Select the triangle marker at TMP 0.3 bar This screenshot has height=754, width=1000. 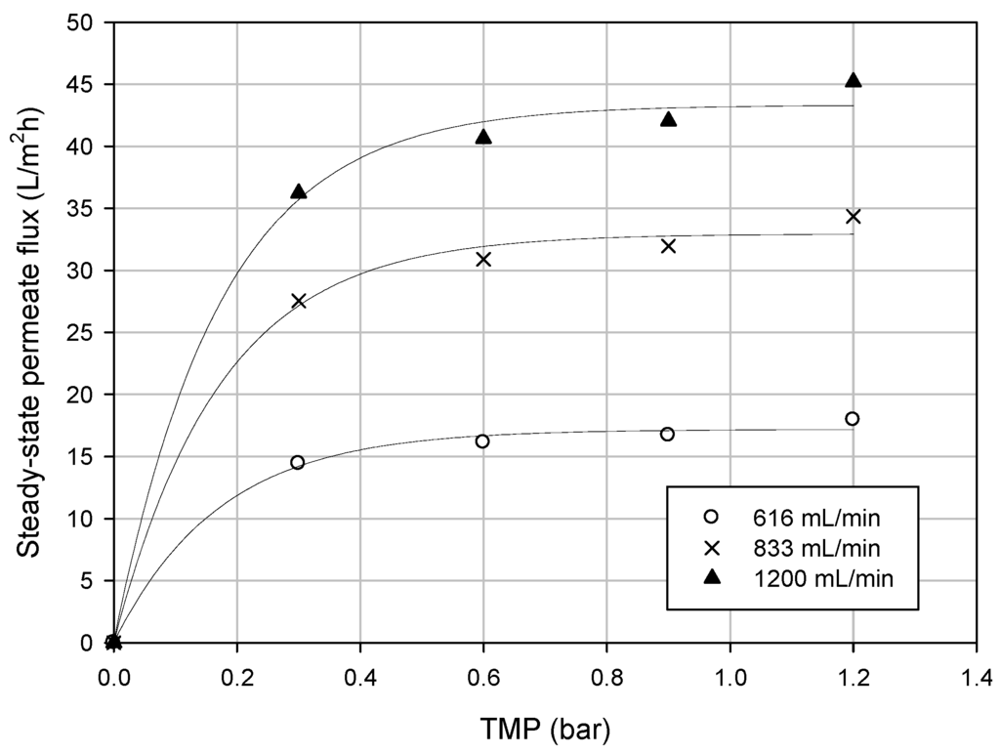coord(299,192)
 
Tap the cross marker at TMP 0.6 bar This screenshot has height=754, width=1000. coord(482,259)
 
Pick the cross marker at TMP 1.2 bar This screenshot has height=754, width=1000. coord(853,216)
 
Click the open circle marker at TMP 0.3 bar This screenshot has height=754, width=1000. coord(297,462)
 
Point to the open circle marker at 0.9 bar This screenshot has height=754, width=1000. coord(667,434)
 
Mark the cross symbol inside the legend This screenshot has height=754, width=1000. coord(712,548)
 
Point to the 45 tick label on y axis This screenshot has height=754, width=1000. coord(86,85)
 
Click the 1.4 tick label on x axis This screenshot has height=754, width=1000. coord(976,675)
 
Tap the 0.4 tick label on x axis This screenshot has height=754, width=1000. coord(359,675)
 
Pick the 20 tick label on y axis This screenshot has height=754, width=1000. coord(86,395)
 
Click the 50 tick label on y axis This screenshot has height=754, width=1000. coord(86,23)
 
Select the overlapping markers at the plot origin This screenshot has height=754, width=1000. coord(113,642)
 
